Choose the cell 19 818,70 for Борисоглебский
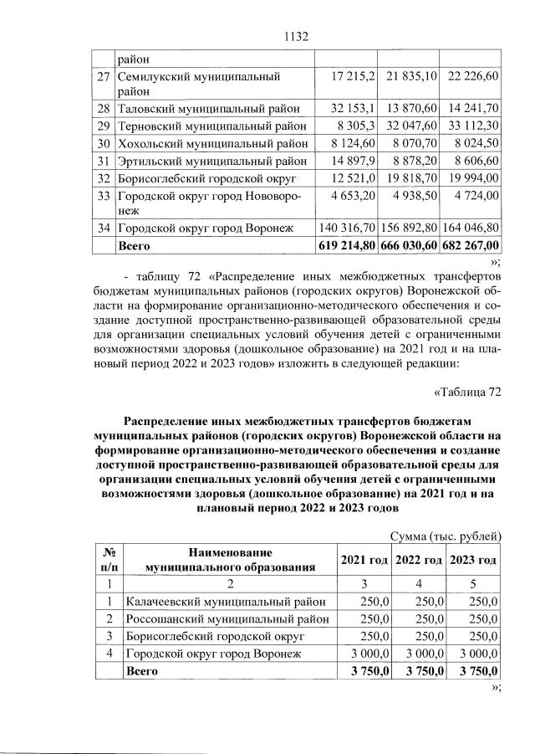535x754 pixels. point(413,178)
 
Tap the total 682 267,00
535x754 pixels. point(473,245)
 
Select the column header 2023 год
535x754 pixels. point(473,559)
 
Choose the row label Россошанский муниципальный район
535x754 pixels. point(227,618)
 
